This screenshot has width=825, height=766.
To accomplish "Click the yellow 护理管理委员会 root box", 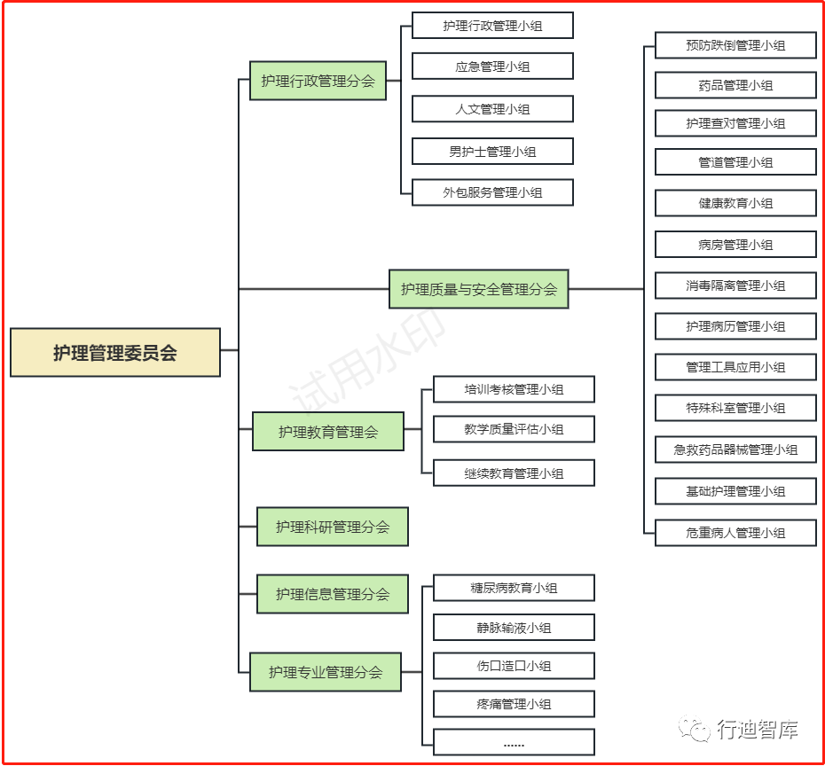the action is click(115, 352).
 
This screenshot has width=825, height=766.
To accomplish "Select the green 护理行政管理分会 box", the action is click(318, 81).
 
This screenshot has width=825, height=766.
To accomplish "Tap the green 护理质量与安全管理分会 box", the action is click(479, 289).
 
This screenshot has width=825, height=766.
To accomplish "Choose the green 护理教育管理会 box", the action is click(328, 431).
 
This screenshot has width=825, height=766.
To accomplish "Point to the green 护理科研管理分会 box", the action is click(333, 527).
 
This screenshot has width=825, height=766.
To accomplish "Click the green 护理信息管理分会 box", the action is click(333, 593).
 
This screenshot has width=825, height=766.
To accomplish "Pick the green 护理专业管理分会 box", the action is click(326, 672).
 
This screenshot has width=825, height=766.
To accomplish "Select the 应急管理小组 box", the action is click(492, 66).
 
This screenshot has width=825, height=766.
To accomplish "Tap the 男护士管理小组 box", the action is click(492, 152).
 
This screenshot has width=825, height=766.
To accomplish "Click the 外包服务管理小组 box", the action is click(492, 192).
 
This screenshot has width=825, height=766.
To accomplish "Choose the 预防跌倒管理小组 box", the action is click(735, 45).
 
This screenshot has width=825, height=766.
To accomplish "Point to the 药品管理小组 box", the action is click(735, 85).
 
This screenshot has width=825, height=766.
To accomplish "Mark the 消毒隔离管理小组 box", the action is click(735, 285).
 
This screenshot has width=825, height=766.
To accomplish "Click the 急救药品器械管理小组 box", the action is click(735, 449).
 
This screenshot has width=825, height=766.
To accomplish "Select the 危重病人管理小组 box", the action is click(735, 533).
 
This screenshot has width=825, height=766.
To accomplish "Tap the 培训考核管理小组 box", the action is click(514, 389).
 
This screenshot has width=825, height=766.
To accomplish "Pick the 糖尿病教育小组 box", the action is click(514, 588).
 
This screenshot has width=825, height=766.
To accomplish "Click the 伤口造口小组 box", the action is click(514, 666).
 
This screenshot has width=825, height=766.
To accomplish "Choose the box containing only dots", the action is click(514, 742).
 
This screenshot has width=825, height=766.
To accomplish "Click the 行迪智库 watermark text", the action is click(757, 729).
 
